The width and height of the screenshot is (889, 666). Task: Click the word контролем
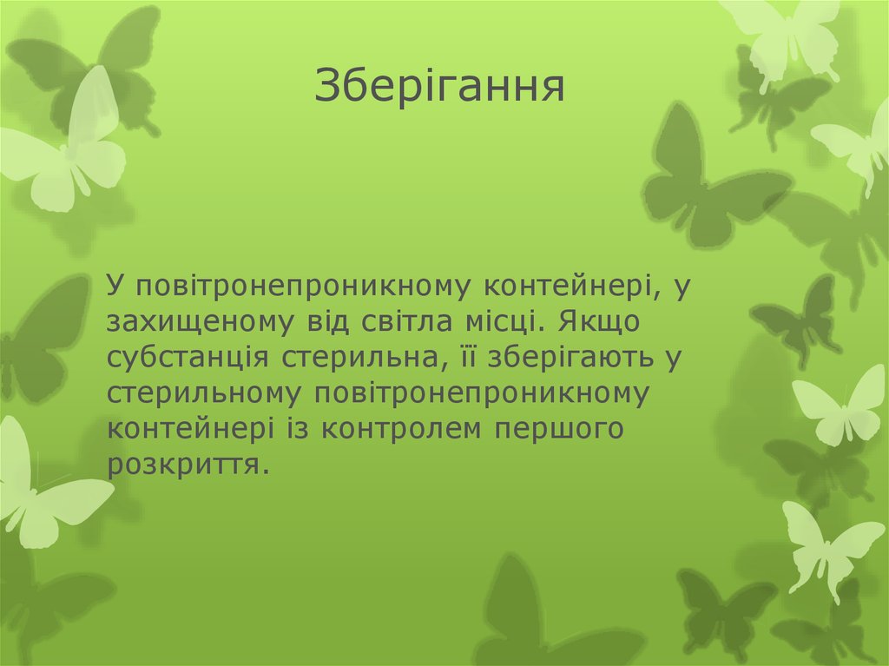[x=420, y=430]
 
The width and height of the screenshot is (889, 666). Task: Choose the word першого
[x=562, y=430]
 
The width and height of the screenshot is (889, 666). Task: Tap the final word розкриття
[x=184, y=465]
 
